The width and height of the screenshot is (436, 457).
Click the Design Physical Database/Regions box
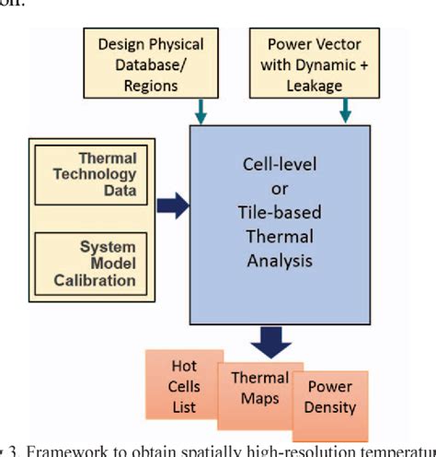point(150,64)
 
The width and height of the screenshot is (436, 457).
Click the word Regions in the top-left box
point(152,86)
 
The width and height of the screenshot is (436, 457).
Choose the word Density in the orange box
point(330,407)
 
